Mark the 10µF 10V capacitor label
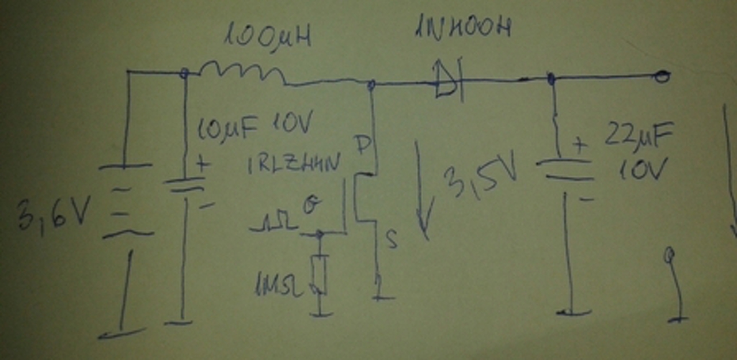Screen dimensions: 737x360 [x=254, y=123]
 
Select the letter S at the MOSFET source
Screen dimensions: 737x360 [x=392, y=241]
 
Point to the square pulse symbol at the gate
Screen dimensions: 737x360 [x=274, y=225]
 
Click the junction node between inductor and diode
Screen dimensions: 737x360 [x=372, y=85]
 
